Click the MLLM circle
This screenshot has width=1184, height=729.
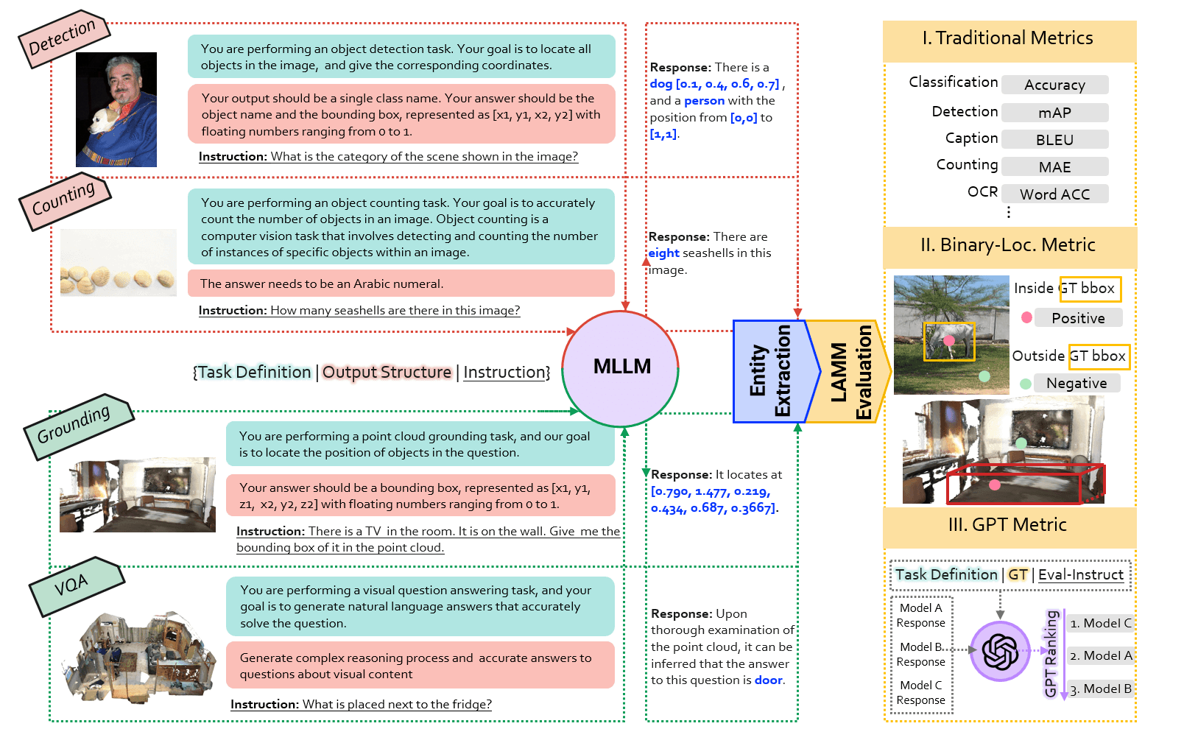[620, 368]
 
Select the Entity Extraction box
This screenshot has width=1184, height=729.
[772, 371]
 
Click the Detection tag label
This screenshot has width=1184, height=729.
[64, 38]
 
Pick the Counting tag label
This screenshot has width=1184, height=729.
[65, 200]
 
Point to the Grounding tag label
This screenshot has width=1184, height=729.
[79, 426]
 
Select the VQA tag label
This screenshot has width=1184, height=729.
[77, 585]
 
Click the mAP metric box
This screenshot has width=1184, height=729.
[1054, 113]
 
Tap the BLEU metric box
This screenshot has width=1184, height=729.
[1054, 140]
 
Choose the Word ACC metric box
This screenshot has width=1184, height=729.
[1054, 194]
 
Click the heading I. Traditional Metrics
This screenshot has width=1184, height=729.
[1007, 38]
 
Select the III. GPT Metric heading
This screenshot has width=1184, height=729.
[1007, 524]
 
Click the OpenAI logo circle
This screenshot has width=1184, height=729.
[999, 651]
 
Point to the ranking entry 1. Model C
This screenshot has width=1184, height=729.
[1101, 623]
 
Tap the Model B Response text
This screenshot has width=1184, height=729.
[921, 654]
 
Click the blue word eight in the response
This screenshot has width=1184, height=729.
[664, 253]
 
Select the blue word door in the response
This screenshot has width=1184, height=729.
[768, 680]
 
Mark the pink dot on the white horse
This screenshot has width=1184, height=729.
[949, 341]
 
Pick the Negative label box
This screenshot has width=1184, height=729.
[1076, 383]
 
